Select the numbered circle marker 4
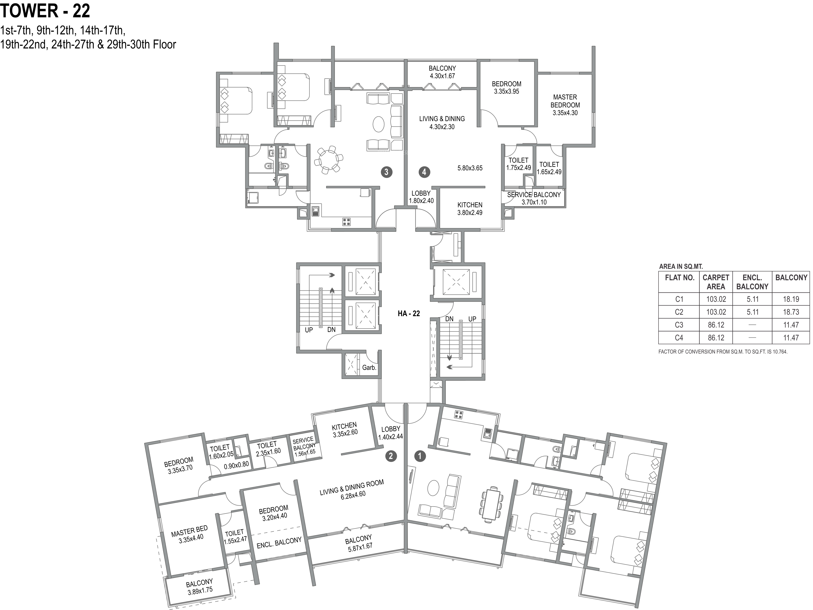[424, 172]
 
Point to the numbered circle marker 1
[420, 456]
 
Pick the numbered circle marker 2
[391, 456]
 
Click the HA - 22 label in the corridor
[409, 313]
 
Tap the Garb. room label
[369, 368]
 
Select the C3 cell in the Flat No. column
[679, 325]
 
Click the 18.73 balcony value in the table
[791, 312]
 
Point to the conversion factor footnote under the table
[723, 352]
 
